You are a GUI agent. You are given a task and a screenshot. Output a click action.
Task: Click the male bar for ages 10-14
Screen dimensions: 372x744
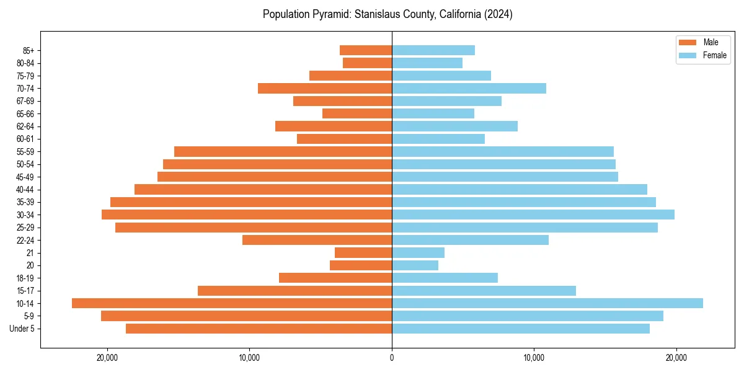(232, 303)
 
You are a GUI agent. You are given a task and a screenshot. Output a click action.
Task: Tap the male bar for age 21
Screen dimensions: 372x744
(363, 252)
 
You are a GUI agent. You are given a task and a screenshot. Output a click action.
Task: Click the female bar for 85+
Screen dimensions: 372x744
(433, 50)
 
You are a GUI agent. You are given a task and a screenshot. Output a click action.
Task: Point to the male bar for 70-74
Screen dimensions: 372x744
(325, 88)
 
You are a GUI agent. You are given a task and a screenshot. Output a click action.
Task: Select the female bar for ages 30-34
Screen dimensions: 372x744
(533, 215)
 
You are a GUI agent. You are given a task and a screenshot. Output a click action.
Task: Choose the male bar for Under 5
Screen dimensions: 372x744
(259, 329)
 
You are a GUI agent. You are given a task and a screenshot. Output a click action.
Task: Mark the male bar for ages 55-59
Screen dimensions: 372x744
(283, 151)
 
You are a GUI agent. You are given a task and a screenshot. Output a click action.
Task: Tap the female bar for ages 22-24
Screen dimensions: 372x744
(470, 240)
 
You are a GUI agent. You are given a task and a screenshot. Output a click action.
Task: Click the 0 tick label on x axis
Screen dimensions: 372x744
(392, 358)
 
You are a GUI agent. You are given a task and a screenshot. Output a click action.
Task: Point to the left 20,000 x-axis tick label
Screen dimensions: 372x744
(107, 358)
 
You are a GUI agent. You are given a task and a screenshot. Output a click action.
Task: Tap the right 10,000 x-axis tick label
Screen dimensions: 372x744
(534, 358)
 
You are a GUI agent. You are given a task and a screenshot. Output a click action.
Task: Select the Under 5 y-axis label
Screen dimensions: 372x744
(22, 329)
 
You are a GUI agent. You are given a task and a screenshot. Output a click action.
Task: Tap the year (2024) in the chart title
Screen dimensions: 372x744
(499, 14)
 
